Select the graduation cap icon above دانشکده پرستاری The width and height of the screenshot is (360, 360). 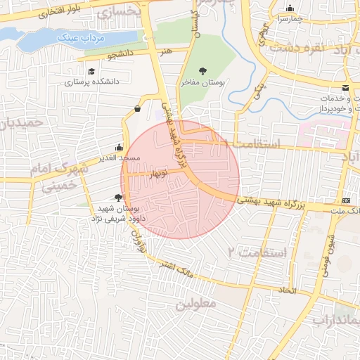click(91, 71)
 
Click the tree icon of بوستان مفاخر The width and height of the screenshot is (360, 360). click(203, 71)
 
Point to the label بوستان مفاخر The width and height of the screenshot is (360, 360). click(203, 82)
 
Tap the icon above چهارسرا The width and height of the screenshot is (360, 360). click(289, 9)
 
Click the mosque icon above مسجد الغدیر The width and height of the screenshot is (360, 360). click(119, 147)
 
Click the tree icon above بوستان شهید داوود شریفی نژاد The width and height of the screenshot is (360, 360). click(117, 198)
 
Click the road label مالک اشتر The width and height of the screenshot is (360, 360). click(176, 270)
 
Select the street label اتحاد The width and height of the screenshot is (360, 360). click(288, 290)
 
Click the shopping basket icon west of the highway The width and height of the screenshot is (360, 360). click(136, 108)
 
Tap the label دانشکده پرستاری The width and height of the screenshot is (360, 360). click(92, 82)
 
